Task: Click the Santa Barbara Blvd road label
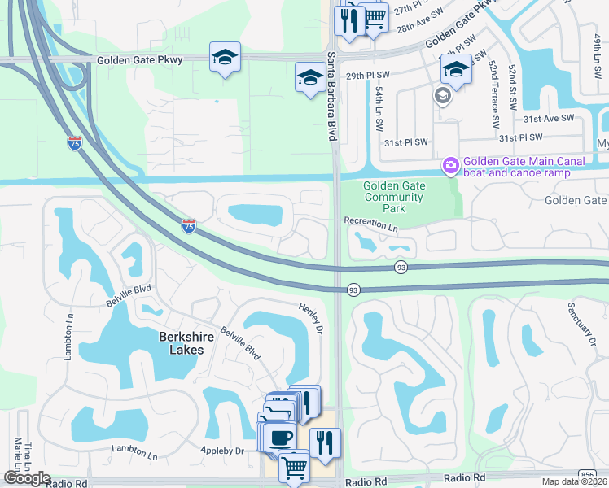coord(332,96)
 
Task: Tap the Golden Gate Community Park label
coord(394,197)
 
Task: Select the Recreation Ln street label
coord(370,220)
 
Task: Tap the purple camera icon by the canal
coord(449,166)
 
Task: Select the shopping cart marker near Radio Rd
coord(293,467)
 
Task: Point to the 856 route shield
coord(588,474)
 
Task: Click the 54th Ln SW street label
coord(379,111)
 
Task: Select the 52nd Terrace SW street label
coord(494,97)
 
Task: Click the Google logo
coord(27,478)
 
